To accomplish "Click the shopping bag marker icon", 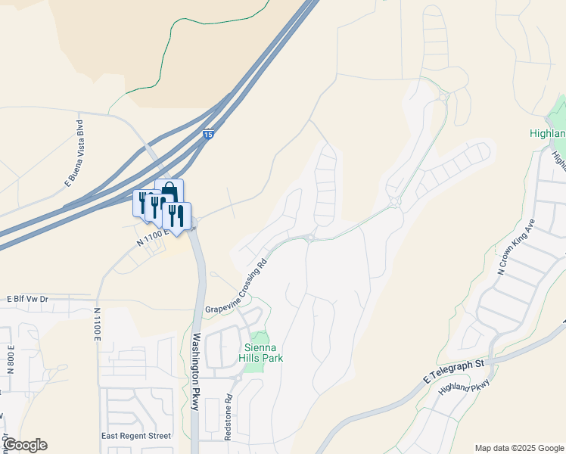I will click(x=169, y=191).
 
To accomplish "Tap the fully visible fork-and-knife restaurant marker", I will click(x=176, y=215).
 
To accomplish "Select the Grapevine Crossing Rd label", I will click(x=237, y=287).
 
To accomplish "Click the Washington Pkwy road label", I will click(x=195, y=372).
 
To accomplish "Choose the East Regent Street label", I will click(x=136, y=436).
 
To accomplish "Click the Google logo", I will click(x=24, y=445).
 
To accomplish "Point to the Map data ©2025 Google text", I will click(x=519, y=448).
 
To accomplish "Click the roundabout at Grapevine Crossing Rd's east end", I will click(x=309, y=238).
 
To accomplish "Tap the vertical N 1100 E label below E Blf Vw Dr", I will click(x=98, y=326).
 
